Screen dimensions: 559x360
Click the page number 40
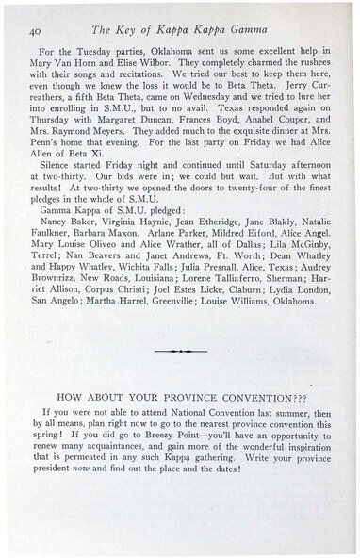(37, 33)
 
